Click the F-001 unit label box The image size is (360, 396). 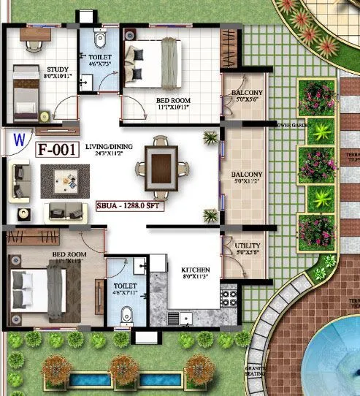(x=58, y=151)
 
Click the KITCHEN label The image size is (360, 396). (x=195, y=270)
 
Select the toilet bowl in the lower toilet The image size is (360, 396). (x=126, y=315)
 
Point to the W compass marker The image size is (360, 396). (x=20, y=137)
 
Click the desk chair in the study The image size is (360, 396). (x=34, y=44)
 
